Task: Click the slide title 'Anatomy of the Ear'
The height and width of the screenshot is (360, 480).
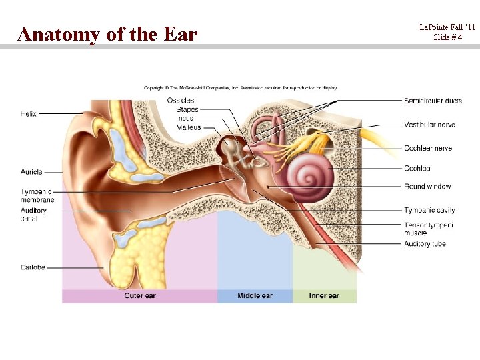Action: pos(107,33)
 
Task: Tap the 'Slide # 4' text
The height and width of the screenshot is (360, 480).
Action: pos(447,37)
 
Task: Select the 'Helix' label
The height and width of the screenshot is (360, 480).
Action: pos(29,114)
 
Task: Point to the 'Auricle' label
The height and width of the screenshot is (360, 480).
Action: pos(31,172)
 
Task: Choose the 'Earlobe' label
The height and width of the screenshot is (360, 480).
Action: pos(33,268)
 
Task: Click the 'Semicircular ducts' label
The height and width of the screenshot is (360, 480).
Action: pos(433,101)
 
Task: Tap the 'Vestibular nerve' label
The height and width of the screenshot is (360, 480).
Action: pos(429,125)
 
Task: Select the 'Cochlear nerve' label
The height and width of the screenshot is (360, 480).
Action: pos(428,148)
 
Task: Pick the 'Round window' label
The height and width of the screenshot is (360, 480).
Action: pos(427,187)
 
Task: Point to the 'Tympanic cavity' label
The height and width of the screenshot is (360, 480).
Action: pos(429,211)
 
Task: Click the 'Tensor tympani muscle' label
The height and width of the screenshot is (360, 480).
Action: pos(429,229)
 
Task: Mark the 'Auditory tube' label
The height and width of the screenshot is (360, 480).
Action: pos(425,244)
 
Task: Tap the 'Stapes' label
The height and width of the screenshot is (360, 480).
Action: pos(187,109)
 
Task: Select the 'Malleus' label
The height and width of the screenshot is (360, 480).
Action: pos(189,127)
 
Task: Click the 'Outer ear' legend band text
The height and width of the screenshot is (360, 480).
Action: pos(140,295)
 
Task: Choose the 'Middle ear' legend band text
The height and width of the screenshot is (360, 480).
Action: pos(255,295)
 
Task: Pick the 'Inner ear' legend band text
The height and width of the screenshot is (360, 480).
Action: pos(324,295)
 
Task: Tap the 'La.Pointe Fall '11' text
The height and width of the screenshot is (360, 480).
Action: pos(447,27)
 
